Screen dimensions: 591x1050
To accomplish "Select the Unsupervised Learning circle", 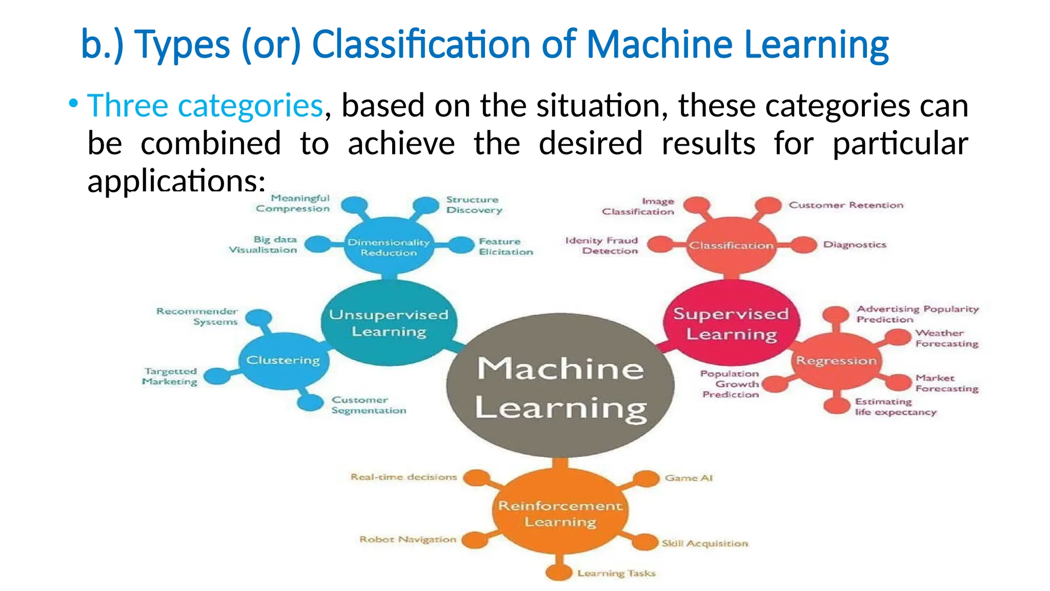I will [x=389, y=323].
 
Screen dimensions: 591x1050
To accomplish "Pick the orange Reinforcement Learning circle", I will [x=560, y=513].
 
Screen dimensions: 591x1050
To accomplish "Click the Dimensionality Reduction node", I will [x=389, y=247].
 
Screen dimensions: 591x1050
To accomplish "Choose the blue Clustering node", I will [x=283, y=360].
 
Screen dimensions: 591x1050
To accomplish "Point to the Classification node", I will [x=731, y=246].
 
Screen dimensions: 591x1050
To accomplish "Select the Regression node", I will [x=836, y=361].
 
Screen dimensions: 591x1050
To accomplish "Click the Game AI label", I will [x=689, y=478].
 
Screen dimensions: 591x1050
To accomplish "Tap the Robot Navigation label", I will [x=408, y=540].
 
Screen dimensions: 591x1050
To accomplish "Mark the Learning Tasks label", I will [x=616, y=574].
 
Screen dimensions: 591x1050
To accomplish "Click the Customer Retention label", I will [x=846, y=205].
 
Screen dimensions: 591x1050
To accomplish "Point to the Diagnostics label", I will [x=855, y=245].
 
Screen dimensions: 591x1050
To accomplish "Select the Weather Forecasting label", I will [x=946, y=339].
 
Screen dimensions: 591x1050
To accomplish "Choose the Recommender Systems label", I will [x=197, y=317].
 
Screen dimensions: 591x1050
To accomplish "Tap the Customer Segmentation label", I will [x=368, y=405].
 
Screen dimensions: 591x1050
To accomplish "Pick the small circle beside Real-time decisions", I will [x=476, y=478].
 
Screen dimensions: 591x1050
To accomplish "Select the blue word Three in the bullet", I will [x=128, y=106].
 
